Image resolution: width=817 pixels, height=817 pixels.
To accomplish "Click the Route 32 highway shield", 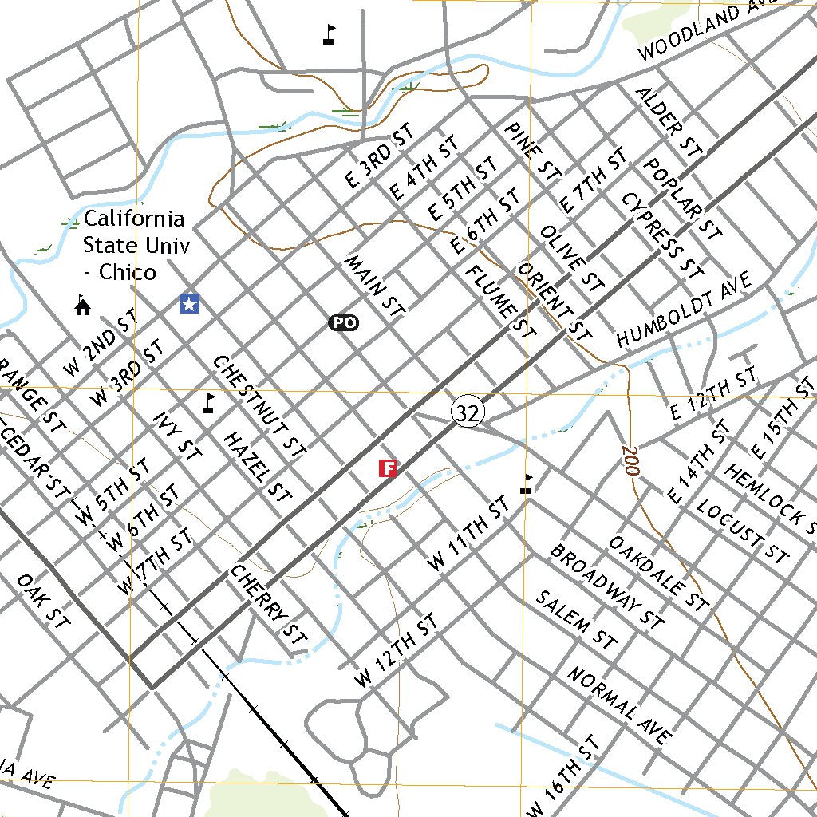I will [x=468, y=412].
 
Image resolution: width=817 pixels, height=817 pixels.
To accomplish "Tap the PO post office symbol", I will [x=344, y=322].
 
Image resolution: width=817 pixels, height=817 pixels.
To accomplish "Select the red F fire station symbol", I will [x=388, y=468].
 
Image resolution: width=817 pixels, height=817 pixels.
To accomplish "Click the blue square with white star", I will [x=189, y=303].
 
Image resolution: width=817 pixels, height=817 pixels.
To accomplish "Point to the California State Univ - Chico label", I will [x=134, y=245].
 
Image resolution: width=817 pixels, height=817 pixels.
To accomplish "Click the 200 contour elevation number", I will [x=630, y=461].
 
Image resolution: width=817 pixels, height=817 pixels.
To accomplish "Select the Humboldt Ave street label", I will [x=685, y=311].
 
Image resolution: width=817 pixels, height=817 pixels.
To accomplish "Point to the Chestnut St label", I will [x=259, y=406].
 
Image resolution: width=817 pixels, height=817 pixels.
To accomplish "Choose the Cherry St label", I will [x=269, y=605].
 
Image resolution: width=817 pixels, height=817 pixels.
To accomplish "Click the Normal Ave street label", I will [x=620, y=705].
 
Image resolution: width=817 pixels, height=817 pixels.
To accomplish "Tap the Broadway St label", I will [x=607, y=586].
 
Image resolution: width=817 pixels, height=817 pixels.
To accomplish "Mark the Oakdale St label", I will [x=658, y=572].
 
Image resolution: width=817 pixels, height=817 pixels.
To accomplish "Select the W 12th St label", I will [x=397, y=651].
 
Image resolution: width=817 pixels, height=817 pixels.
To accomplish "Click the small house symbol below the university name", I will [x=81, y=305].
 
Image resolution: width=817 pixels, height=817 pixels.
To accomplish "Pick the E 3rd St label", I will [x=380, y=156].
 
